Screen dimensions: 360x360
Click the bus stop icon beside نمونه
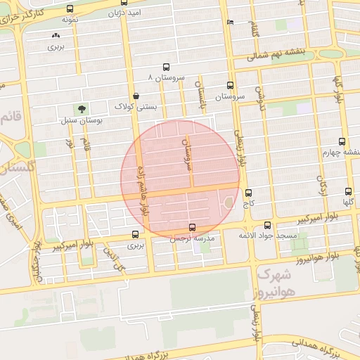(x=69, y=9)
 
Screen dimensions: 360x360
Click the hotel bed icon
(x=230, y=22)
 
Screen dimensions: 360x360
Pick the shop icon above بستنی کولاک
(x=135, y=96)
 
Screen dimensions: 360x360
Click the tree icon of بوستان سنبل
(x=82, y=110)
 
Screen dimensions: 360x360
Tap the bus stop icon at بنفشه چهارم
(x=342, y=141)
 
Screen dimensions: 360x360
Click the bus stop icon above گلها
(x=349, y=191)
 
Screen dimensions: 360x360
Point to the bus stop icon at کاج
(x=247, y=193)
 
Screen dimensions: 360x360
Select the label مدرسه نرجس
(x=192, y=238)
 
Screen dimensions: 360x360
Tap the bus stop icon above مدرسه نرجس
(x=193, y=227)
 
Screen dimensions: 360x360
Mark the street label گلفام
(x=253, y=30)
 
